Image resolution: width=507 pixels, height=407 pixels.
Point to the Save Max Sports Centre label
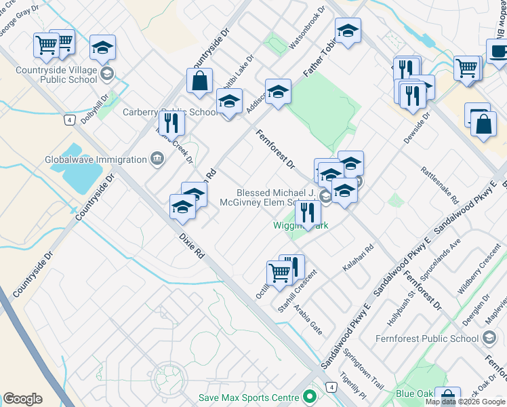click(249, 397)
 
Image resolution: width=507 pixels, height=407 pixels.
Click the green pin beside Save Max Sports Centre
click(311, 396)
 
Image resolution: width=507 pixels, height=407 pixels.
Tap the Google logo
click(22, 399)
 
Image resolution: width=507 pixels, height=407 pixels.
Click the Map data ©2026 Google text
click(466, 402)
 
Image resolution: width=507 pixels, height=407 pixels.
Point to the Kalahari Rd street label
click(358, 258)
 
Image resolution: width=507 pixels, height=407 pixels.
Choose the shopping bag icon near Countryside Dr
click(200, 81)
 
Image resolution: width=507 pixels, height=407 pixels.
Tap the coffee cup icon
click(498, 52)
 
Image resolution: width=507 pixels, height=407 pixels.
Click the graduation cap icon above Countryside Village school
click(102, 47)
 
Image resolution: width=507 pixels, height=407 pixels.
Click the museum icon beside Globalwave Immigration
click(157, 159)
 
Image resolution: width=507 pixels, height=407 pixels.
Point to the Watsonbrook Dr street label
click(307, 29)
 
